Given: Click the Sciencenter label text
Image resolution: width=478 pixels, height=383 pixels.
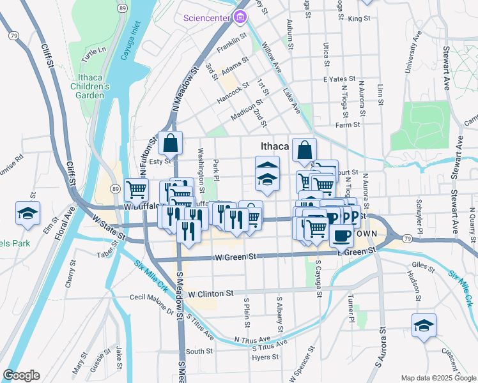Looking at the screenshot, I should [206, 18].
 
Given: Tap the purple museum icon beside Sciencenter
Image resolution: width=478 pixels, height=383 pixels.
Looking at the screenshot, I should [240, 17].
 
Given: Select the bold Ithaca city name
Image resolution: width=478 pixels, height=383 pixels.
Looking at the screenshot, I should [275, 146].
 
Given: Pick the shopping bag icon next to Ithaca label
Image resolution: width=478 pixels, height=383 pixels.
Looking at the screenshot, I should [305, 151].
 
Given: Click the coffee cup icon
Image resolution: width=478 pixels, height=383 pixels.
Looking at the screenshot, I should [341, 236].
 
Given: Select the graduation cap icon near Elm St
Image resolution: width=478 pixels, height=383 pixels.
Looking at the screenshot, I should [27, 214].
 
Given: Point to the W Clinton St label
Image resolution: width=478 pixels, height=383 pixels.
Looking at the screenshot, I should [212, 294].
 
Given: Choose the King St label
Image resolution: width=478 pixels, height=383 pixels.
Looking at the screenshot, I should [359, 19].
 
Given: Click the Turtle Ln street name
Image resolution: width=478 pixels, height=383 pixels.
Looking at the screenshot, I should [93, 50].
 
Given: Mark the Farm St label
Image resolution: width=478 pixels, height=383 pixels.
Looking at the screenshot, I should [348, 124].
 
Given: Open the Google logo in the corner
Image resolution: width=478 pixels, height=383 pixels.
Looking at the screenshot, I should [21, 375].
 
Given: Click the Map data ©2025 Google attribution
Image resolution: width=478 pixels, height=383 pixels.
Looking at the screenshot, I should [438, 377].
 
